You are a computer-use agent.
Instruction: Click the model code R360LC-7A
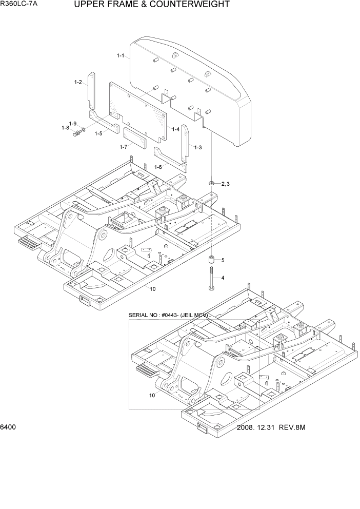point(19,5)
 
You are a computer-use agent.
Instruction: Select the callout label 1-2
point(78,82)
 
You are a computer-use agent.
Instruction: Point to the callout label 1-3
point(197,147)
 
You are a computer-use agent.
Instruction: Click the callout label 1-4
point(175,129)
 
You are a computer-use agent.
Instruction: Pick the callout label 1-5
point(98,133)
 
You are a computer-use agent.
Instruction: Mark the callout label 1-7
point(123,147)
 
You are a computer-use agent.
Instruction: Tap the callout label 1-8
point(65,128)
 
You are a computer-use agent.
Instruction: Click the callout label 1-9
point(73,124)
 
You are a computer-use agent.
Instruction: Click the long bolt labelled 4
point(211,278)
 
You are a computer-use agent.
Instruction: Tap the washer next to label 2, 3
point(212,183)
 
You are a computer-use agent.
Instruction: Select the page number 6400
point(9,427)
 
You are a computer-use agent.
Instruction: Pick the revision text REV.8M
point(292,428)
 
